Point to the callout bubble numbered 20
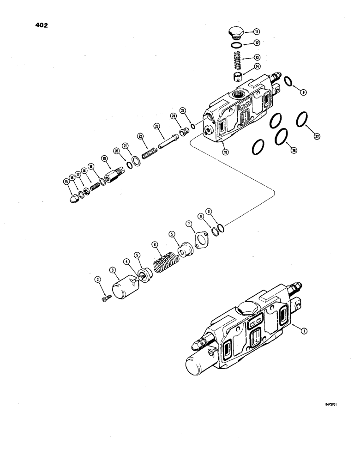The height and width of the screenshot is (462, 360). pos(116,151)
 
